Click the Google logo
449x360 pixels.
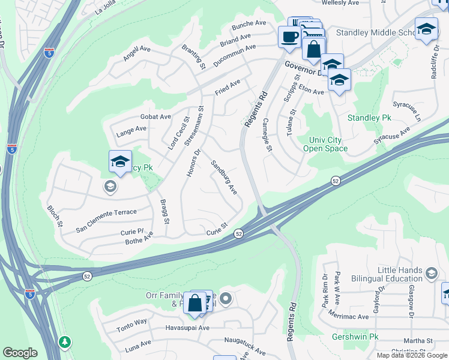pyautogui.click(x=20, y=353)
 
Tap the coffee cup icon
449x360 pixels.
pyautogui.click(x=289, y=37)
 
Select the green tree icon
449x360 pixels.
pyautogui.click(x=64, y=341)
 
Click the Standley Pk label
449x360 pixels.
pyautogui.click(x=369, y=118)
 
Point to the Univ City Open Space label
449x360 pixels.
pyautogui.click(x=325, y=144)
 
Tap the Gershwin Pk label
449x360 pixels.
pyautogui.click(x=355, y=337)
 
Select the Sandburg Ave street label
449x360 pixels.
pyautogui.click(x=224, y=178)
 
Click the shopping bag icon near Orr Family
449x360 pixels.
pyautogui.click(x=195, y=302)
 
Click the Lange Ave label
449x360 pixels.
pyautogui.click(x=131, y=128)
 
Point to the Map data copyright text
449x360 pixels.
pyautogui.click(x=412, y=355)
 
